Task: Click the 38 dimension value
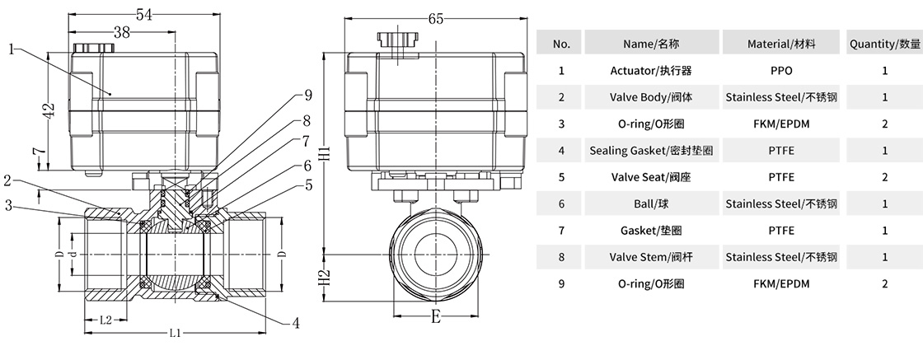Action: coord(121,32)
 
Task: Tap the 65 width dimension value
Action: coord(437,17)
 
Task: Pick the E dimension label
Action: coord(435,315)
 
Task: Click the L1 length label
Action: coord(176,334)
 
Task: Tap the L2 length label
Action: coord(105,319)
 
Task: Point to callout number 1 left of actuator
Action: coord(12,49)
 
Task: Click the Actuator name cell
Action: coord(650,70)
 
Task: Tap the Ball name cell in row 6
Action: coord(650,203)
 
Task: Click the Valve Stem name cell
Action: coord(650,257)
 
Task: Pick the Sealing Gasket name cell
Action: coord(650,150)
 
